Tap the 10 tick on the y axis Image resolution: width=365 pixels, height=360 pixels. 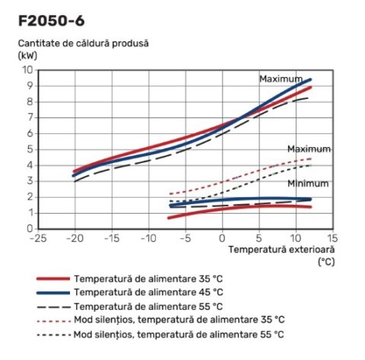[x=27, y=69]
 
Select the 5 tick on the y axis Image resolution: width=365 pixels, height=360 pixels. [x=29, y=149]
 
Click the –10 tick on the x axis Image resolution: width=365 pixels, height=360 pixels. [x=148, y=238]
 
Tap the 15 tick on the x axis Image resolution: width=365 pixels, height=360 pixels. [x=332, y=238]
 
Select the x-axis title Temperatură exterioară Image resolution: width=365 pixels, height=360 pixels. [x=281, y=249]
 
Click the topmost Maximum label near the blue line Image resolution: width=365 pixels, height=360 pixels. [x=281, y=78]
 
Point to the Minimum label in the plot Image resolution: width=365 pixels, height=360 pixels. [x=308, y=183]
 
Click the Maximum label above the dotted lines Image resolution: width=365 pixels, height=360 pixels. [x=309, y=148]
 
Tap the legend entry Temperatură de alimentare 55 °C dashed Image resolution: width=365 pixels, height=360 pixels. [x=148, y=306]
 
